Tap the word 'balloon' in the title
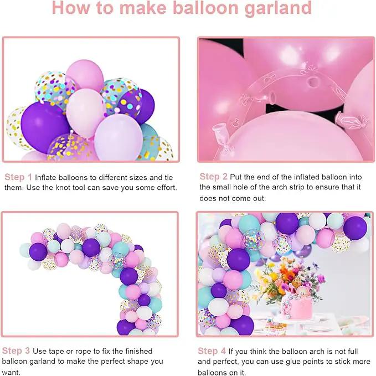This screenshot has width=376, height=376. click(x=205, y=8)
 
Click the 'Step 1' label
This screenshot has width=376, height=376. click(x=18, y=177)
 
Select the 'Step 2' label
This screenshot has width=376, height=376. click(x=213, y=177)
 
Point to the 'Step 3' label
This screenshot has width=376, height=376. click(x=16, y=351)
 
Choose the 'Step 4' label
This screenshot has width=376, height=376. click(x=212, y=351)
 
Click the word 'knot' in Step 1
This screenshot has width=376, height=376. click(x=63, y=187)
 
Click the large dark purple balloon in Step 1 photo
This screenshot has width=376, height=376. click(x=44, y=127)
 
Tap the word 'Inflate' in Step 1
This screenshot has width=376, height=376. click(x=46, y=177)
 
